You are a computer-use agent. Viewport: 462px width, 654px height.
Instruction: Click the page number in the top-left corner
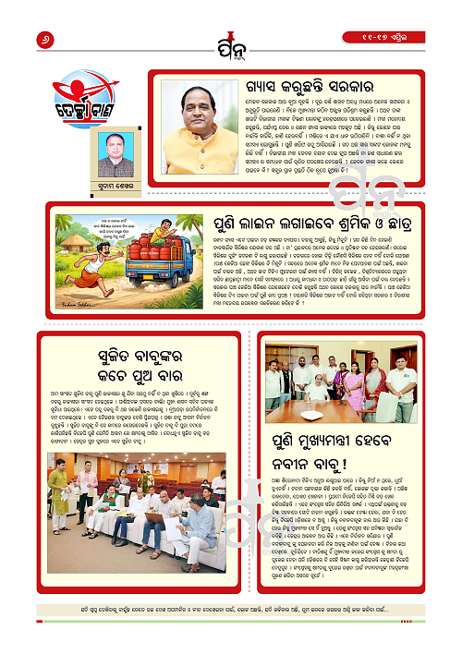(x=18, y=38)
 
